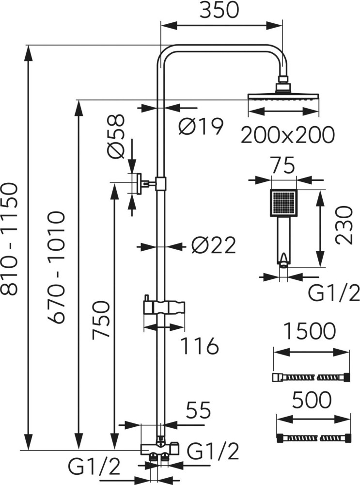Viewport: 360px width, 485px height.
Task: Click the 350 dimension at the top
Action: [219, 11]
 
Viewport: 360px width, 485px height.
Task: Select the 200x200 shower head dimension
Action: [287, 134]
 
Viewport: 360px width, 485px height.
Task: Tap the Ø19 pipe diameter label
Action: [201, 127]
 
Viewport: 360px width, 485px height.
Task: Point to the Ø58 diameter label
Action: [116, 136]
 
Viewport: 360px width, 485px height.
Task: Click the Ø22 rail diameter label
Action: [213, 246]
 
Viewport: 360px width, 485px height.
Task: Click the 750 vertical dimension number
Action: [101, 321]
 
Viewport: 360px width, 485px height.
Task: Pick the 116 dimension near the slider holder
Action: [199, 346]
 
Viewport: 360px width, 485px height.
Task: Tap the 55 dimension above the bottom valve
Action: [199, 410]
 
